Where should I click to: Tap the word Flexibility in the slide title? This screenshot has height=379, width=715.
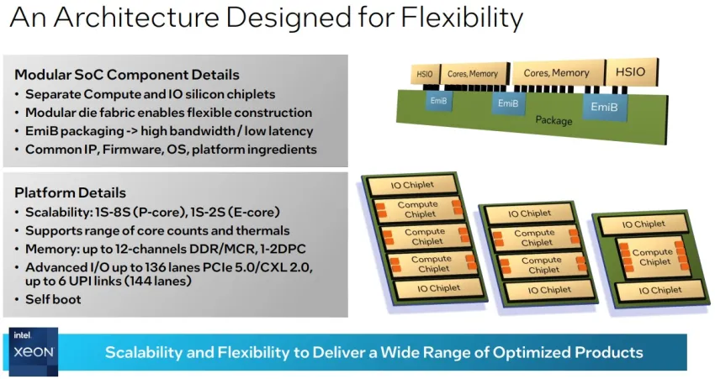pyautogui.click(x=462, y=18)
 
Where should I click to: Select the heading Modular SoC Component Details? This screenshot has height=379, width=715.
pyautogui.click(x=127, y=75)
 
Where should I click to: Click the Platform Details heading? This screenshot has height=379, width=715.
pyautogui.click(x=70, y=192)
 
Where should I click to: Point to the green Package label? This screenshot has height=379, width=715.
pyautogui.click(x=553, y=120)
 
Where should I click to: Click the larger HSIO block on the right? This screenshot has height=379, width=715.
pyautogui.click(x=631, y=72)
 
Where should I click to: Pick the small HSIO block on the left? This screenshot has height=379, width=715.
pyautogui.click(x=425, y=74)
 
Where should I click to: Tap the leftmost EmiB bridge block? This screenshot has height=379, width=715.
pyautogui.click(x=438, y=101)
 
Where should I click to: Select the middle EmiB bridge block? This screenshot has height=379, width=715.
pyautogui.click(x=508, y=104)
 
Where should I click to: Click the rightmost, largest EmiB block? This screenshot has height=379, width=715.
pyautogui.click(x=604, y=107)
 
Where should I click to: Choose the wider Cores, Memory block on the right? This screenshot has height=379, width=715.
pyautogui.click(x=557, y=73)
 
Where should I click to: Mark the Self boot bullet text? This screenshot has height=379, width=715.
pyautogui.click(x=53, y=299)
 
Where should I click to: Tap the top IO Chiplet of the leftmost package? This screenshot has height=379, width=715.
pyautogui.click(x=412, y=185)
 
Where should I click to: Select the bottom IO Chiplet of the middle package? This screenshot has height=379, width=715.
pyautogui.click(x=549, y=290)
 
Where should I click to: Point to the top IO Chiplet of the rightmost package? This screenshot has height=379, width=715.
pyautogui.click(x=643, y=224)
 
